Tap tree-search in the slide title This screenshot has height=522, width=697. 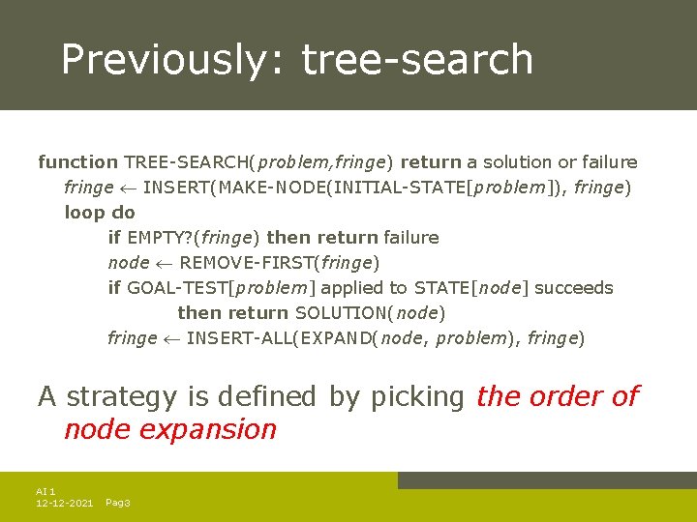click(x=417, y=59)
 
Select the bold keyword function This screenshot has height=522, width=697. click(x=77, y=162)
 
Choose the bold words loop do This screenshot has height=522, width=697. click(x=100, y=213)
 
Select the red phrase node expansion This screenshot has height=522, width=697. click(x=170, y=429)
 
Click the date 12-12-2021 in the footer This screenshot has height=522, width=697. click(x=64, y=504)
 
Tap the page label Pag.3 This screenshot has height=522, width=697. click(x=117, y=504)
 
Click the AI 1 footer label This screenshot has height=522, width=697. click(x=45, y=492)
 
